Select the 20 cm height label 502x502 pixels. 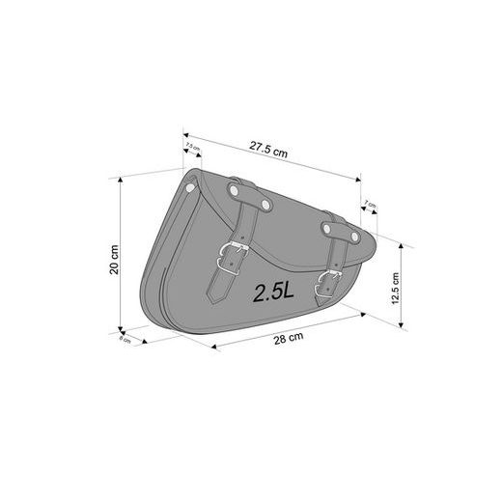tap(113, 260)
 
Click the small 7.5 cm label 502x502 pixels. tap(191, 147)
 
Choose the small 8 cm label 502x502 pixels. tap(124, 340)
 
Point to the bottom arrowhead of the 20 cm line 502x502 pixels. tap(120, 329)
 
